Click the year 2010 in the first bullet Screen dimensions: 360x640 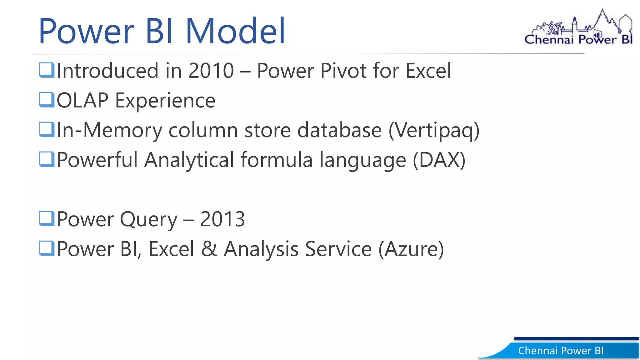211,71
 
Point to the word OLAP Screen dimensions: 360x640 82,101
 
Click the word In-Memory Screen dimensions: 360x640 109,131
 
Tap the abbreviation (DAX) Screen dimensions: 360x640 439,160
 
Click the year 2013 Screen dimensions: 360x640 222,219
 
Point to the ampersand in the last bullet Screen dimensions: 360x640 209,249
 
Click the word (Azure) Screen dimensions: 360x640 411,249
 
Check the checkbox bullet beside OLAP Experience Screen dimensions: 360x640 47,100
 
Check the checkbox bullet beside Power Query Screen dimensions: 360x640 47,218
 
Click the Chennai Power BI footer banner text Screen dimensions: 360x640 561,351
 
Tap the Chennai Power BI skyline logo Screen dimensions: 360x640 579,28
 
